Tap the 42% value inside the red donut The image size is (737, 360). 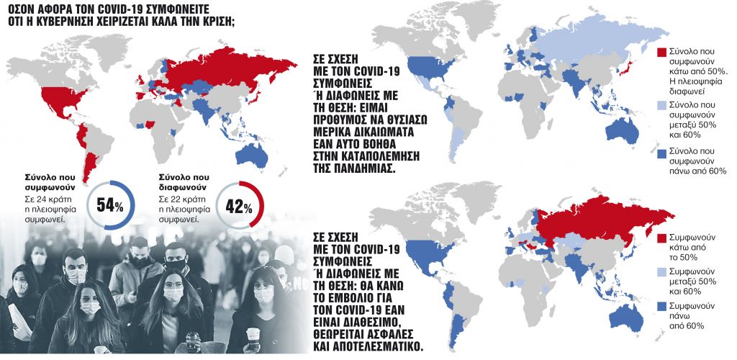point(238,207)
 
